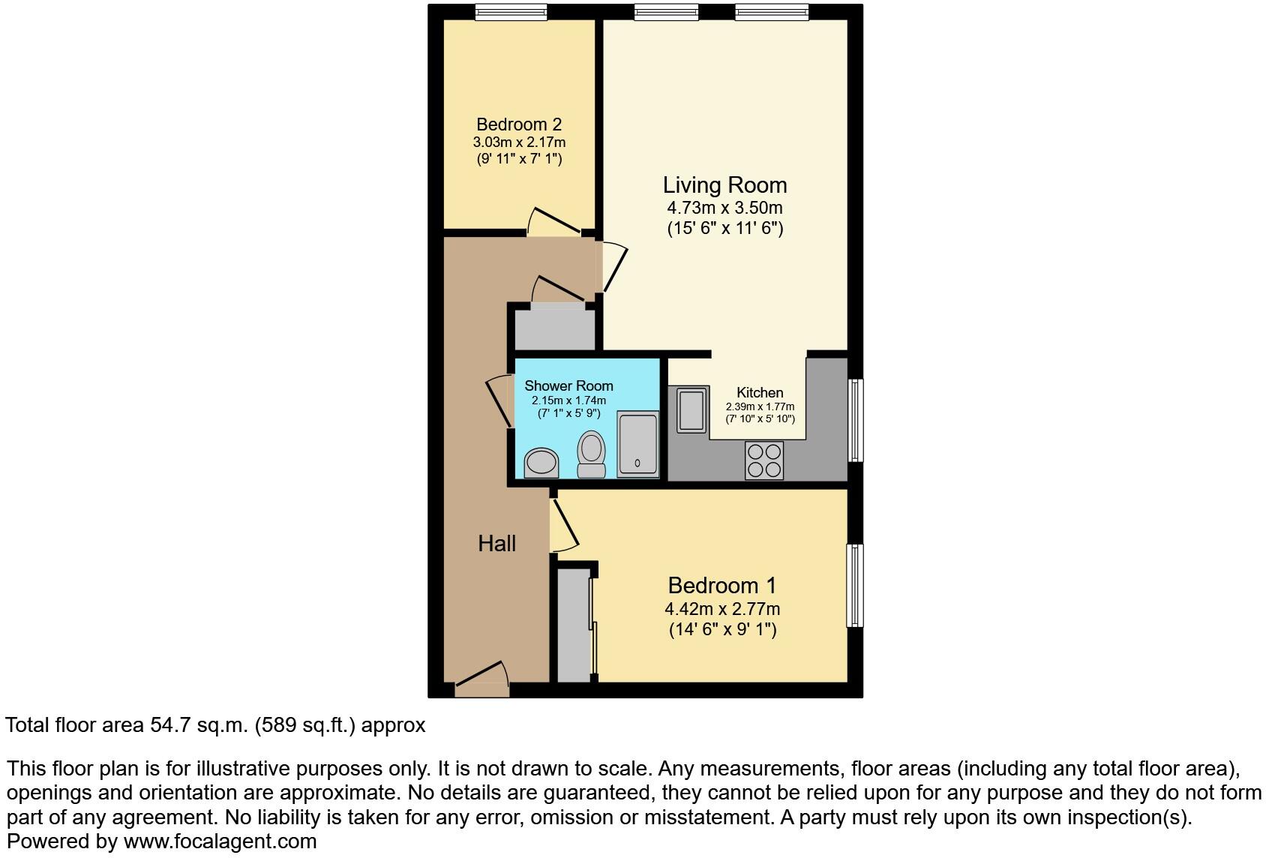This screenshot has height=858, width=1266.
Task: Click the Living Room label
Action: coord(724,185)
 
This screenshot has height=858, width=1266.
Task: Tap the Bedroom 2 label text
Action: coord(519,124)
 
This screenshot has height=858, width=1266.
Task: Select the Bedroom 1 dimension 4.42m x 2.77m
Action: coord(722,609)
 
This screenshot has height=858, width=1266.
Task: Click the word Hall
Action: coord(496,543)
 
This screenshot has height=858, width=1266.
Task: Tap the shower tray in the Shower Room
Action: coord(637,444)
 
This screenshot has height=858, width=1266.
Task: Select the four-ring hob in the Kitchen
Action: coord(764,460)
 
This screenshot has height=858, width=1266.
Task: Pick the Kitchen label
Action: coord(760,392)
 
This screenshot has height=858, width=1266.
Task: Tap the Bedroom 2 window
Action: coord(511,12)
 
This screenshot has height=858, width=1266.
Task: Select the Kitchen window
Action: coord(855,420)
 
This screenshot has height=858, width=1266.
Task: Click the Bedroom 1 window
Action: coord(855,585)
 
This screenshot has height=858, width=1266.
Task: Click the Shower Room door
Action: coord(498,402)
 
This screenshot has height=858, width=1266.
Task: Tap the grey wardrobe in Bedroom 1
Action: coord(574,625)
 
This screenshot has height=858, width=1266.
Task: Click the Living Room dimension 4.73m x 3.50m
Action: coord(724,208)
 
